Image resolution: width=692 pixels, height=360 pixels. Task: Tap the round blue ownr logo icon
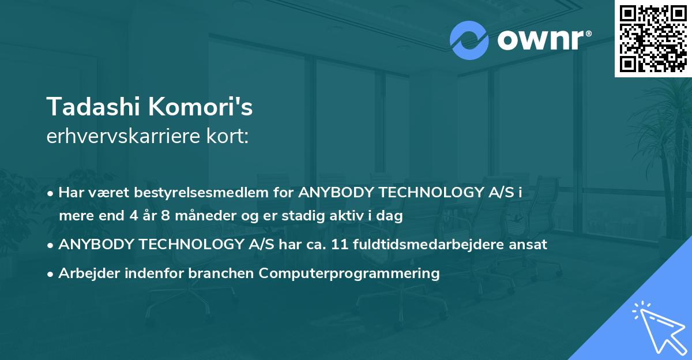469,40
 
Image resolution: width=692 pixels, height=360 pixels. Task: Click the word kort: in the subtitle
230,137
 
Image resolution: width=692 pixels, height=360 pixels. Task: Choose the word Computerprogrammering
349,273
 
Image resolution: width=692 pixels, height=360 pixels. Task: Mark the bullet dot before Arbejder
51,274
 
